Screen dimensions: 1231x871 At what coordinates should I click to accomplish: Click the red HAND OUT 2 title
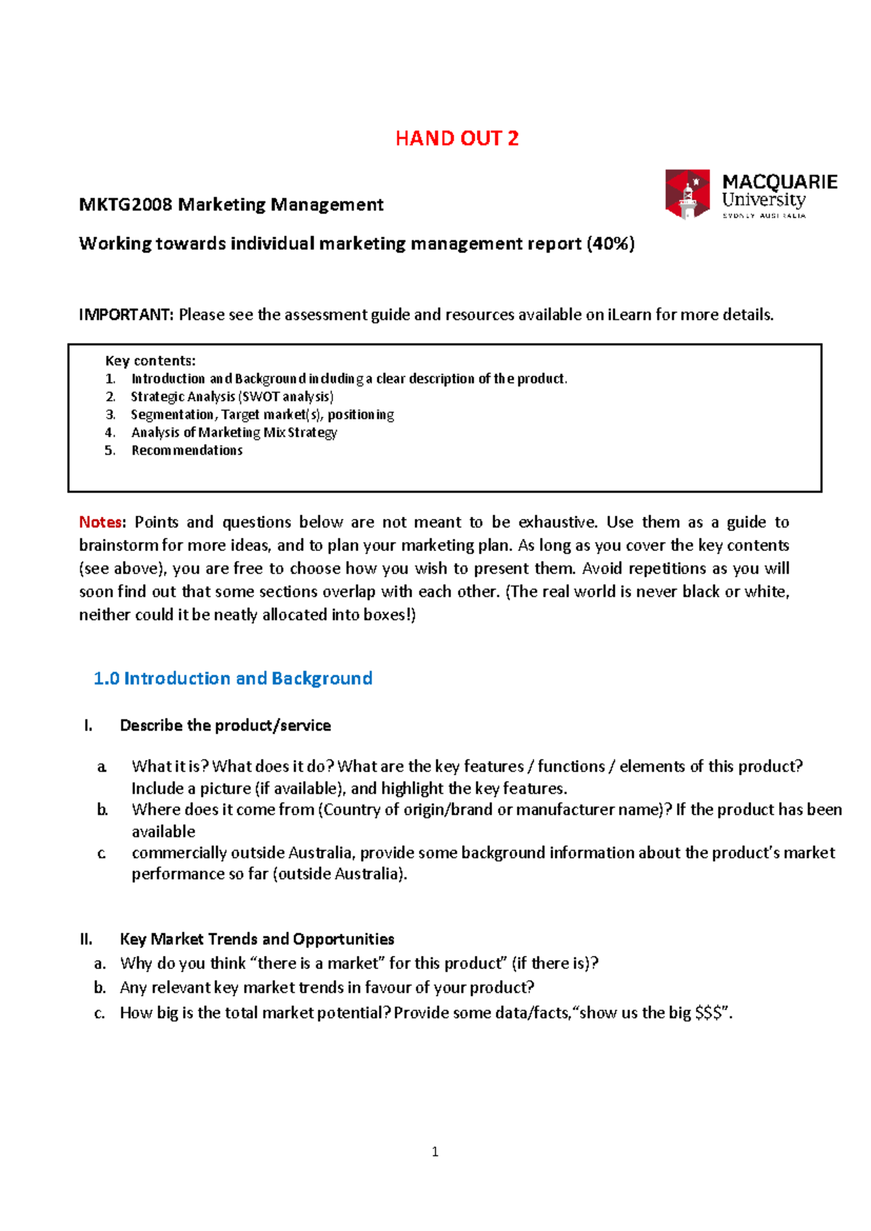point(457,139)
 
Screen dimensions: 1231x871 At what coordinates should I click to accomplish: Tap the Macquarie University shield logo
point(687,193)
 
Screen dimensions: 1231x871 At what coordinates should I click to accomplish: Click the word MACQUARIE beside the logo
point(780,181)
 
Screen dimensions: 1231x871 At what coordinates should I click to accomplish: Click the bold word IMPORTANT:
point(126,315)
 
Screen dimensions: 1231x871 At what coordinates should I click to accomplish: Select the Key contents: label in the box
point(150,361)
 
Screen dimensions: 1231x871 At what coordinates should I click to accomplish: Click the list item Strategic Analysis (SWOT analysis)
point(232,397)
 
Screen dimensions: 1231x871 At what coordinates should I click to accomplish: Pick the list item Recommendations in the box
point(187,451)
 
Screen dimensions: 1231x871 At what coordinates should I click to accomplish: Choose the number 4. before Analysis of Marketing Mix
point(110,433)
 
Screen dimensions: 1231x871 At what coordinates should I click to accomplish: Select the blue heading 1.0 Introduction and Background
point(233,679)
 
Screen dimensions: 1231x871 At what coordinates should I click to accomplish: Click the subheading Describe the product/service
point(225,726)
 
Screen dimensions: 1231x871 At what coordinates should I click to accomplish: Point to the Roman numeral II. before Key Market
point(86,940)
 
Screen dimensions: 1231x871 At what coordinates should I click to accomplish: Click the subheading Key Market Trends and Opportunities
point(257,940)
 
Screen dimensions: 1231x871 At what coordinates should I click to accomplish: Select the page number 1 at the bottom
point(435,1152)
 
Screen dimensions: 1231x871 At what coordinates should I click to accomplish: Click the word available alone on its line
point(163,832)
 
